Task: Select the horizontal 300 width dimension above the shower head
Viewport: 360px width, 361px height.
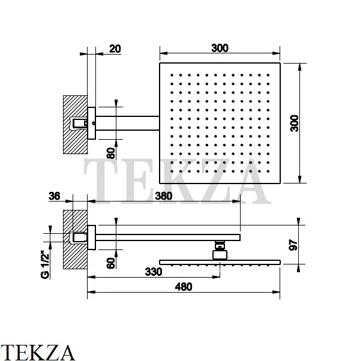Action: pyautogui.click(x=220, y=49)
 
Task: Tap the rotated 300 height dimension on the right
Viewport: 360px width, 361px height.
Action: pyautogui.click(x=293, y=123)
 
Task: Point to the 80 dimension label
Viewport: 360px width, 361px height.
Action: pyautogui.click(x=110, y=153)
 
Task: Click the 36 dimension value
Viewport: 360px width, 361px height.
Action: pyautogui.click(x=55, y=195)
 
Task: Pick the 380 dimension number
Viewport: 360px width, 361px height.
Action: pyautogui.click(x=163, y=195)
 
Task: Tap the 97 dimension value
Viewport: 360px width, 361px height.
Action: pyautogui.click(x=293, y=244)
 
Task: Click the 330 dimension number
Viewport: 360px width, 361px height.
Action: pyautogui.click(x=154, y=272)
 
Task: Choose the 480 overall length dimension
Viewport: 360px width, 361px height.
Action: pyautogui.click(x=183, y=287)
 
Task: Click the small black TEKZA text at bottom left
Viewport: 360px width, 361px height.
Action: pyautogui.click(x=38, y=351)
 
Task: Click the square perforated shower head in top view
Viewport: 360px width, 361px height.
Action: pyautogui.click(x=220, y=123)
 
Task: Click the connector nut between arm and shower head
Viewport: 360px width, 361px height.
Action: pyautogui.click(x=220, y=249)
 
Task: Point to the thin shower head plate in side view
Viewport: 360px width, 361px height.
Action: pyautogui.click(x=220, y=261)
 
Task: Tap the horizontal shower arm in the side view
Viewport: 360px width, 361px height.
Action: pyautogui.click(x=168, y=237)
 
